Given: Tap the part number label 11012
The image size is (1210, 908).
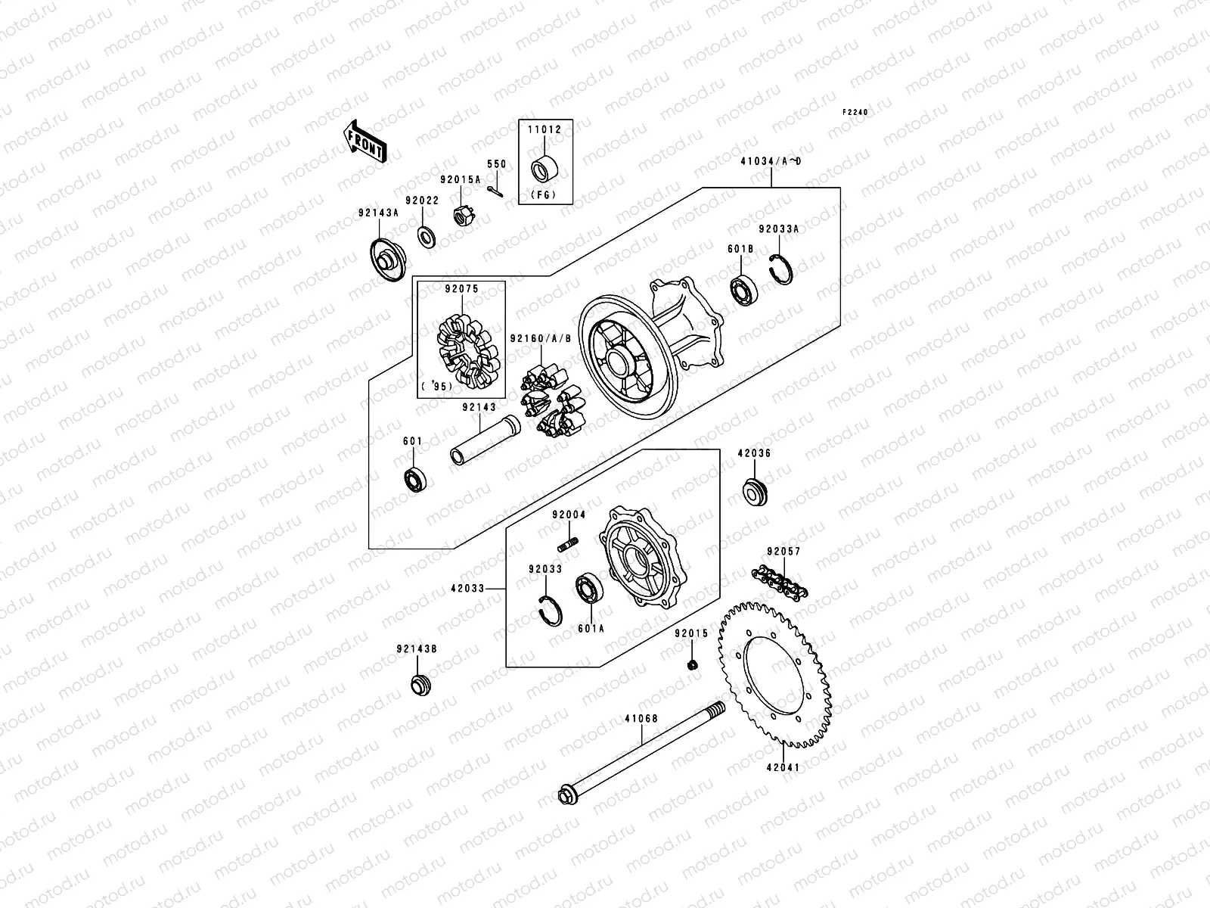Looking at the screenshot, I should (544, 130).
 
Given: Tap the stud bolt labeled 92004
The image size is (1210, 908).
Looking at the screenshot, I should (568, 544).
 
